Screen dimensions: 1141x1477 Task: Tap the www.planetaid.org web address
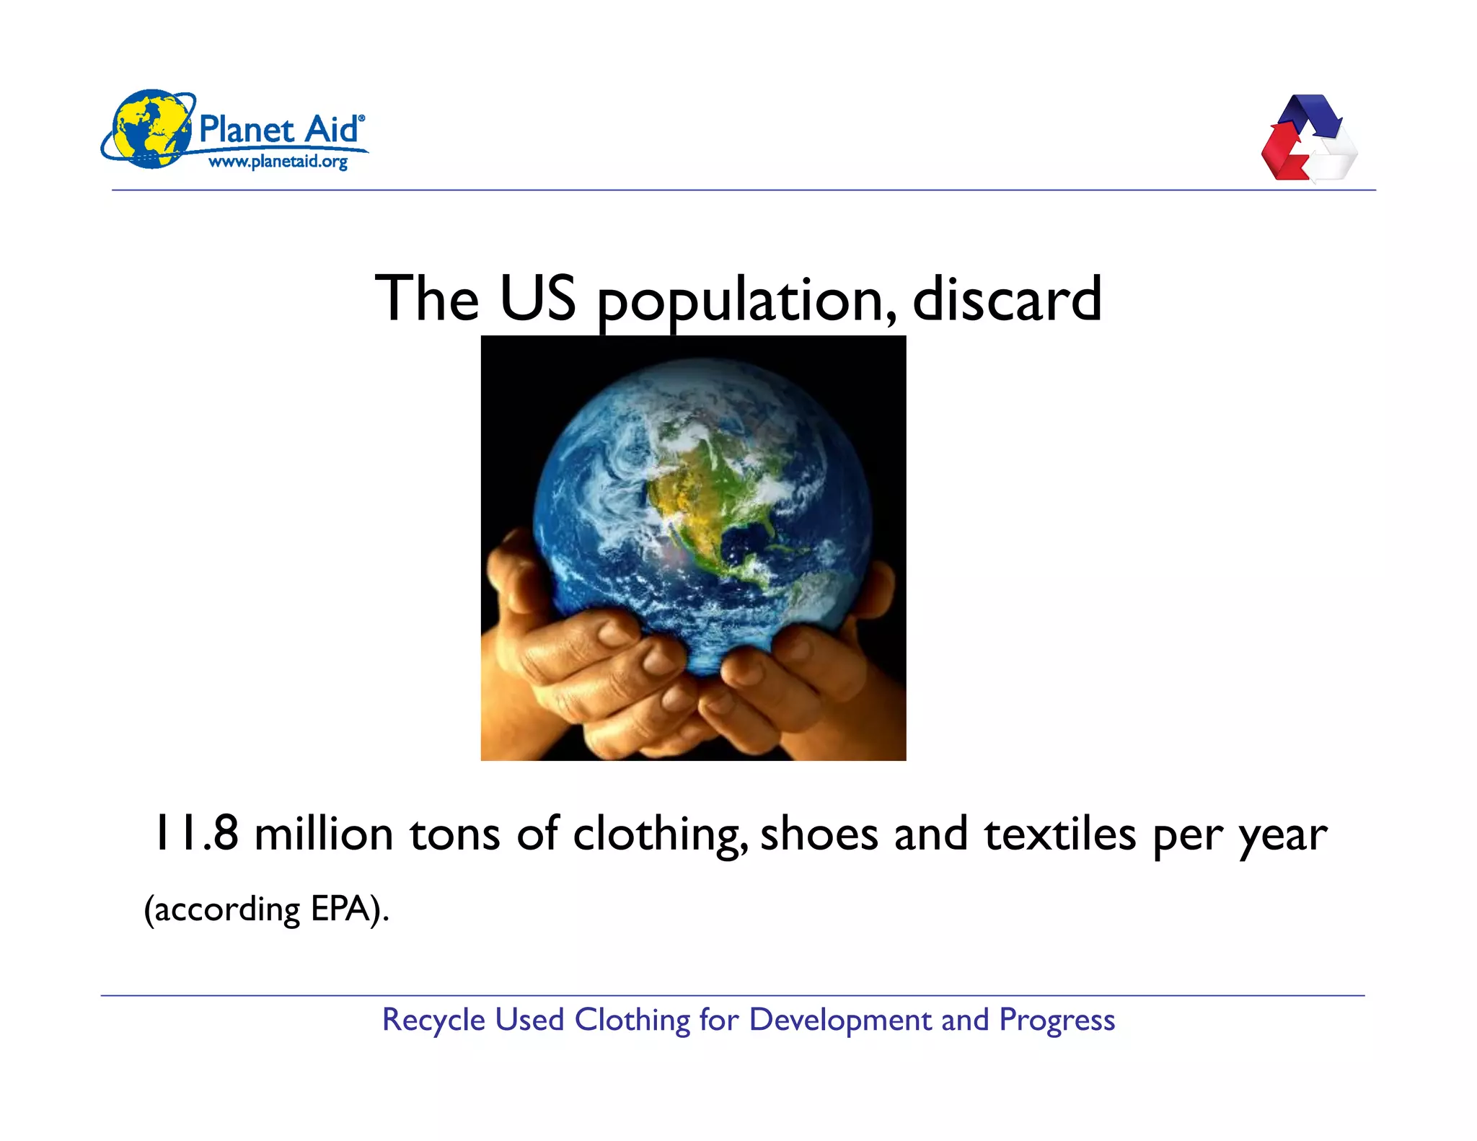(278, 162)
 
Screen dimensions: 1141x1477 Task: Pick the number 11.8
(196, 833)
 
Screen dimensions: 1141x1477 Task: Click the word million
(324, 834)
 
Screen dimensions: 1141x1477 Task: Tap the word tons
(454, 834)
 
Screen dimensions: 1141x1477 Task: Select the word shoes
(819, 834)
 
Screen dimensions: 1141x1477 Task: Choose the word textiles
(1060, 834)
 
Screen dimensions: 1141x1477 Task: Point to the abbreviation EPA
(340, 909)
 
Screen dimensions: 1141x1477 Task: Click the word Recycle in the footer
(433, 1021)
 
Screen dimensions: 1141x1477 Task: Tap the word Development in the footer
(841, 1021)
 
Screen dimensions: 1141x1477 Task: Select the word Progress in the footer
(1057, 1021)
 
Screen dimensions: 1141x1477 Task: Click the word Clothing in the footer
(632, 1021)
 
